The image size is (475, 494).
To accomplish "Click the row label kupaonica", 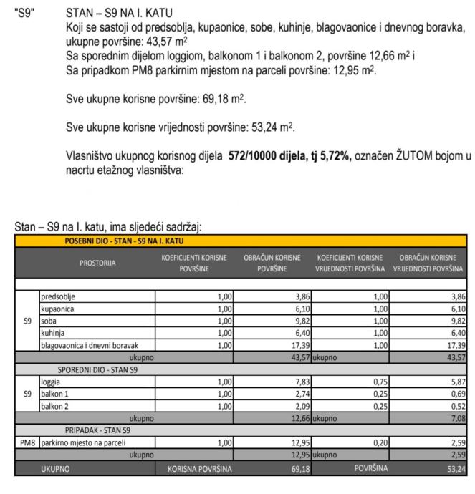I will [x=58, y=309].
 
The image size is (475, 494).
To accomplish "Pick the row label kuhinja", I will [x=54, y=333].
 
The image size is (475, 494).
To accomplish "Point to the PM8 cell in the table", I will [x=27, y=443].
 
